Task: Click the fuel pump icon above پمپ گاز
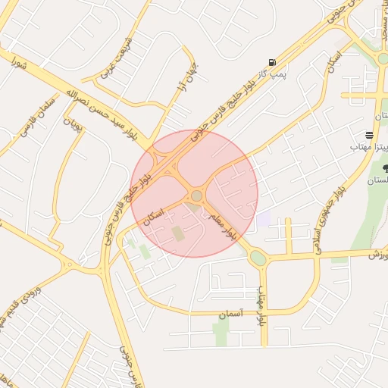click(271, 62)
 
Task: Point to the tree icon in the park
click(385, 167)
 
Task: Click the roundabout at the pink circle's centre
click(196, 196)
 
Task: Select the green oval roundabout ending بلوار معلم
click(258, 258)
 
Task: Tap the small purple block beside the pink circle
click(263, 220)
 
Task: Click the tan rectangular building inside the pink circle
click(179, 233)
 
